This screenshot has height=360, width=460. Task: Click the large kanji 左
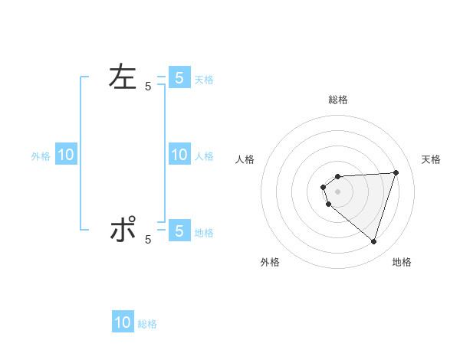point(123,77)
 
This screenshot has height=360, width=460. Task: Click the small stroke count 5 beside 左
point(148,87)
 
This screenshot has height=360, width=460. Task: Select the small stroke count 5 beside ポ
point(148,240)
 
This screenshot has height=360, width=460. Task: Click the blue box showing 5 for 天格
point(179,77)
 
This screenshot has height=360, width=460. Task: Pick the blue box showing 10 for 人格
point(179,155)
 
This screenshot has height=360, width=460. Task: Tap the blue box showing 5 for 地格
point(179,231)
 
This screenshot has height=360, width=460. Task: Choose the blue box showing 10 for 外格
point(66,155)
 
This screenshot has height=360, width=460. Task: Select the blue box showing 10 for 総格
point(123,322)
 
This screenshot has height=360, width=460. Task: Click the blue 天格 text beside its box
point(204,80)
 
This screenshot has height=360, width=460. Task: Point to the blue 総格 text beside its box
point(147,325)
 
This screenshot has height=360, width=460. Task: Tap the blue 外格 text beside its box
point(41,156)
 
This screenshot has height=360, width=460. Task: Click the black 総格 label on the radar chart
point(337,100)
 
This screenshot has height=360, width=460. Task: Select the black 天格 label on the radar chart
point(431,159)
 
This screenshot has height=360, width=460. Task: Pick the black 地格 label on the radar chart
point(402,262)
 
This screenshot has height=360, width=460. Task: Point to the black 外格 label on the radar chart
point(270,262)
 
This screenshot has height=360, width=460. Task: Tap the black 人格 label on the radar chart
point(245,159)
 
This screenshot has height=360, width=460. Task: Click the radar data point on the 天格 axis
point(396,172)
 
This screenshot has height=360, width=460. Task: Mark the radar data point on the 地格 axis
point(373,242)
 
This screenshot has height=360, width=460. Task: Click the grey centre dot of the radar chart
point(337,191)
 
